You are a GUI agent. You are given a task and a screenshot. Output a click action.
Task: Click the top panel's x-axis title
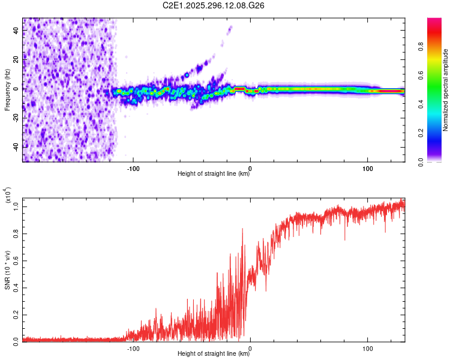214,174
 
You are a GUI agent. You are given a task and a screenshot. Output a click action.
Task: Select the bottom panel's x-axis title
214,354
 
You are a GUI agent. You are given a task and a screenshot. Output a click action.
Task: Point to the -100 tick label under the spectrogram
133,168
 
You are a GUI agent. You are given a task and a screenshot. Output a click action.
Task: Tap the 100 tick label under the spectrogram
367,168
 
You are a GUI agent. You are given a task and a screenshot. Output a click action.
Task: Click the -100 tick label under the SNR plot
133,348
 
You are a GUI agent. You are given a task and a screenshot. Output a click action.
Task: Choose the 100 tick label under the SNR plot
367,348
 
